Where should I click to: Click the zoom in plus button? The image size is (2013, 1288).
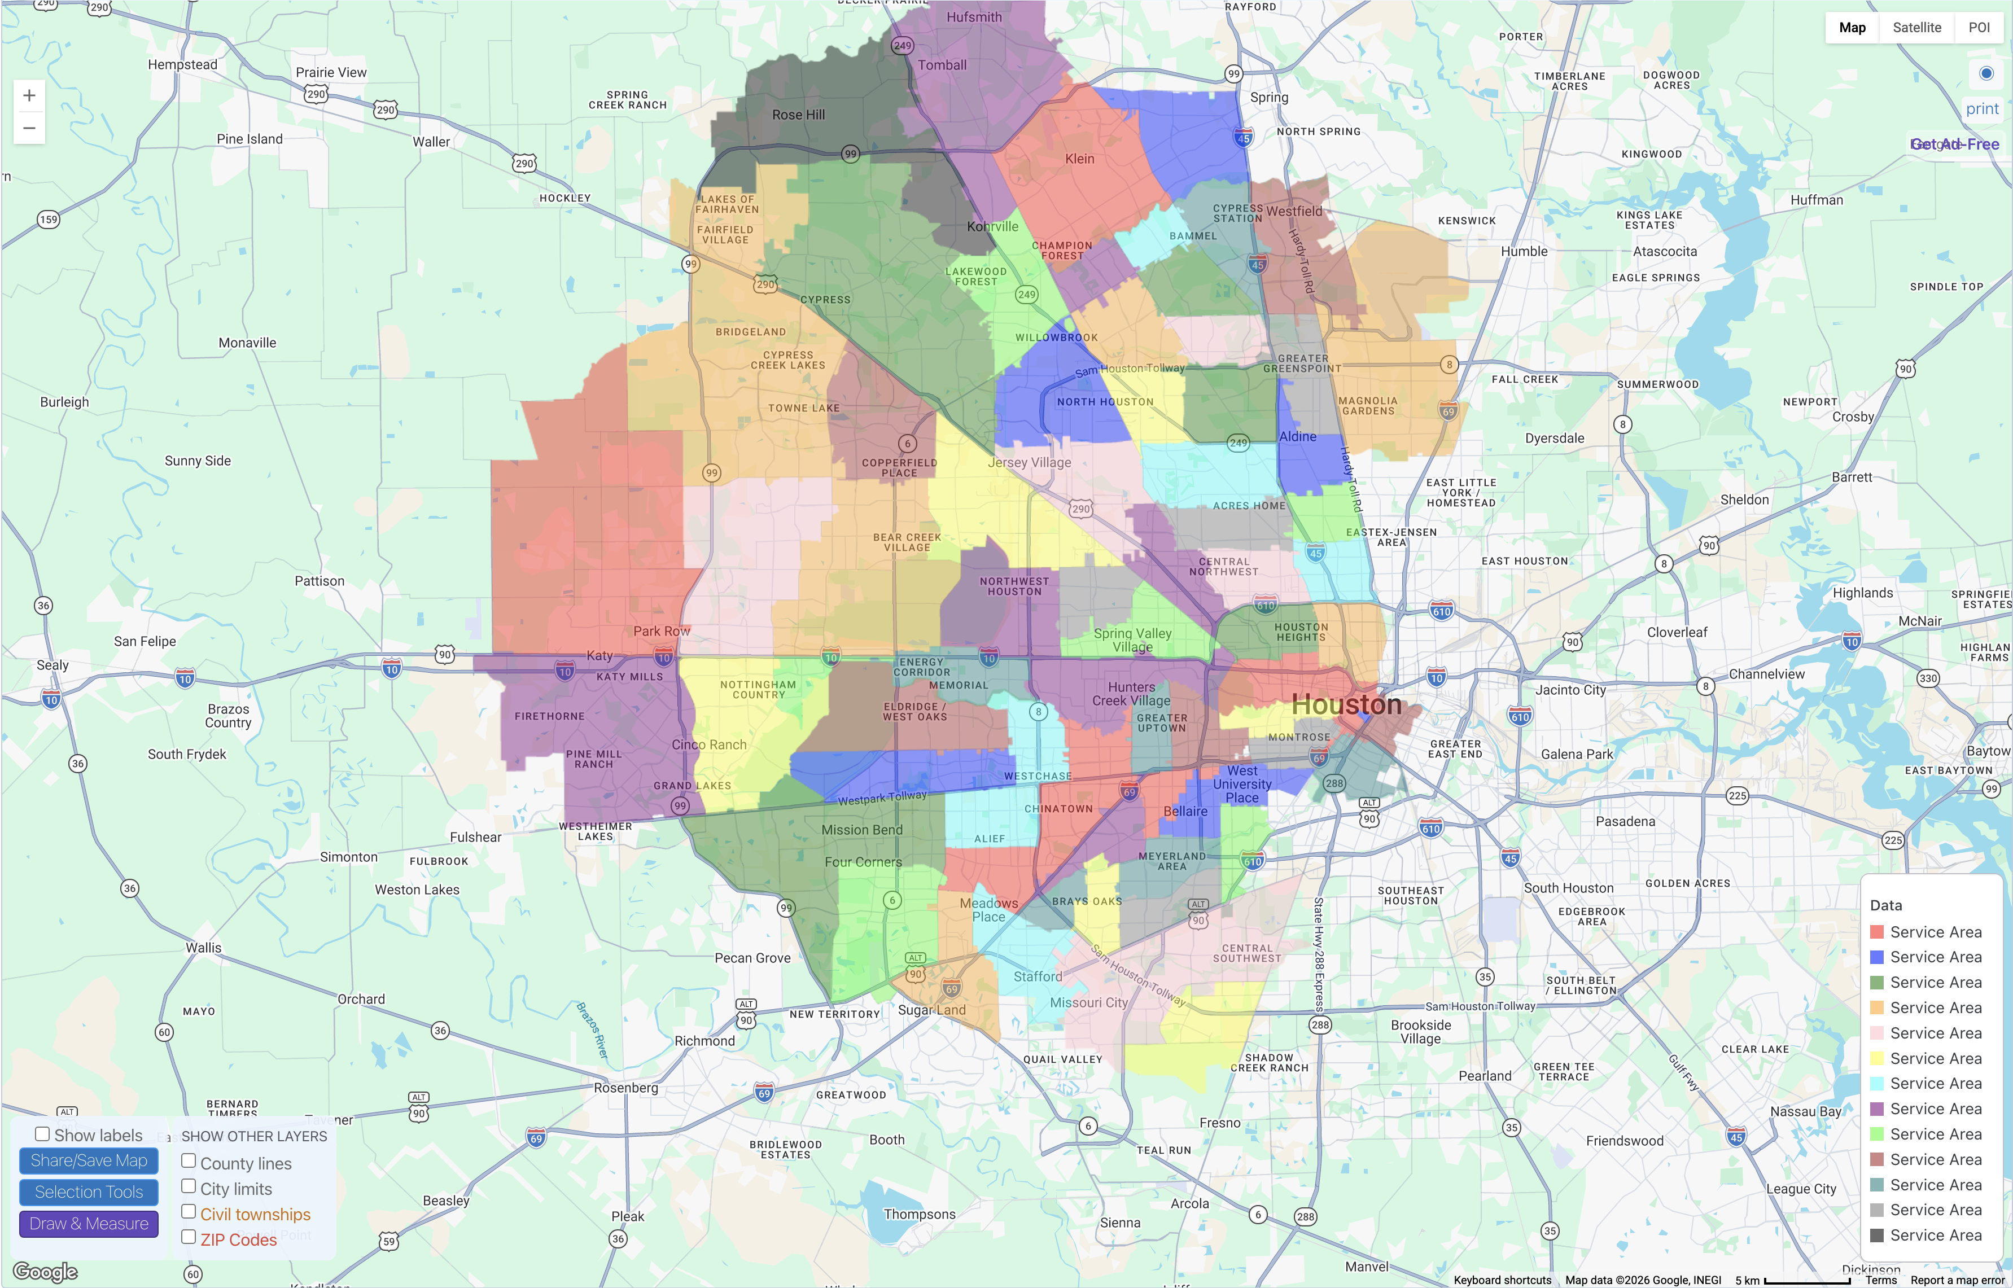coord(29,95)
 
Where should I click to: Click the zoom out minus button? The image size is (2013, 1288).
coord(29,128)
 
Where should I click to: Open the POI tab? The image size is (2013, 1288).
coord(1979,28)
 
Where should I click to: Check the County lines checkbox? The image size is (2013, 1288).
coord(189,1161)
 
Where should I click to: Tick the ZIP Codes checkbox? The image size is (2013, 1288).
coord(189,1237)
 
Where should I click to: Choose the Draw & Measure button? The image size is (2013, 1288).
coord(89,1224)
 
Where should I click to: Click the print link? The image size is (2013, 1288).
coord(1981,109)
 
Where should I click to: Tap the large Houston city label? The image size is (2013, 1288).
coord(1346,704)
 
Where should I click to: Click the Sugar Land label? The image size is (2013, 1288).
coord(931,1010)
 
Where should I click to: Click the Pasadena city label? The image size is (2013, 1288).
coord(1625,821)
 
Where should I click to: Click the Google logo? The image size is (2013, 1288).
coord(45,1271)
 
